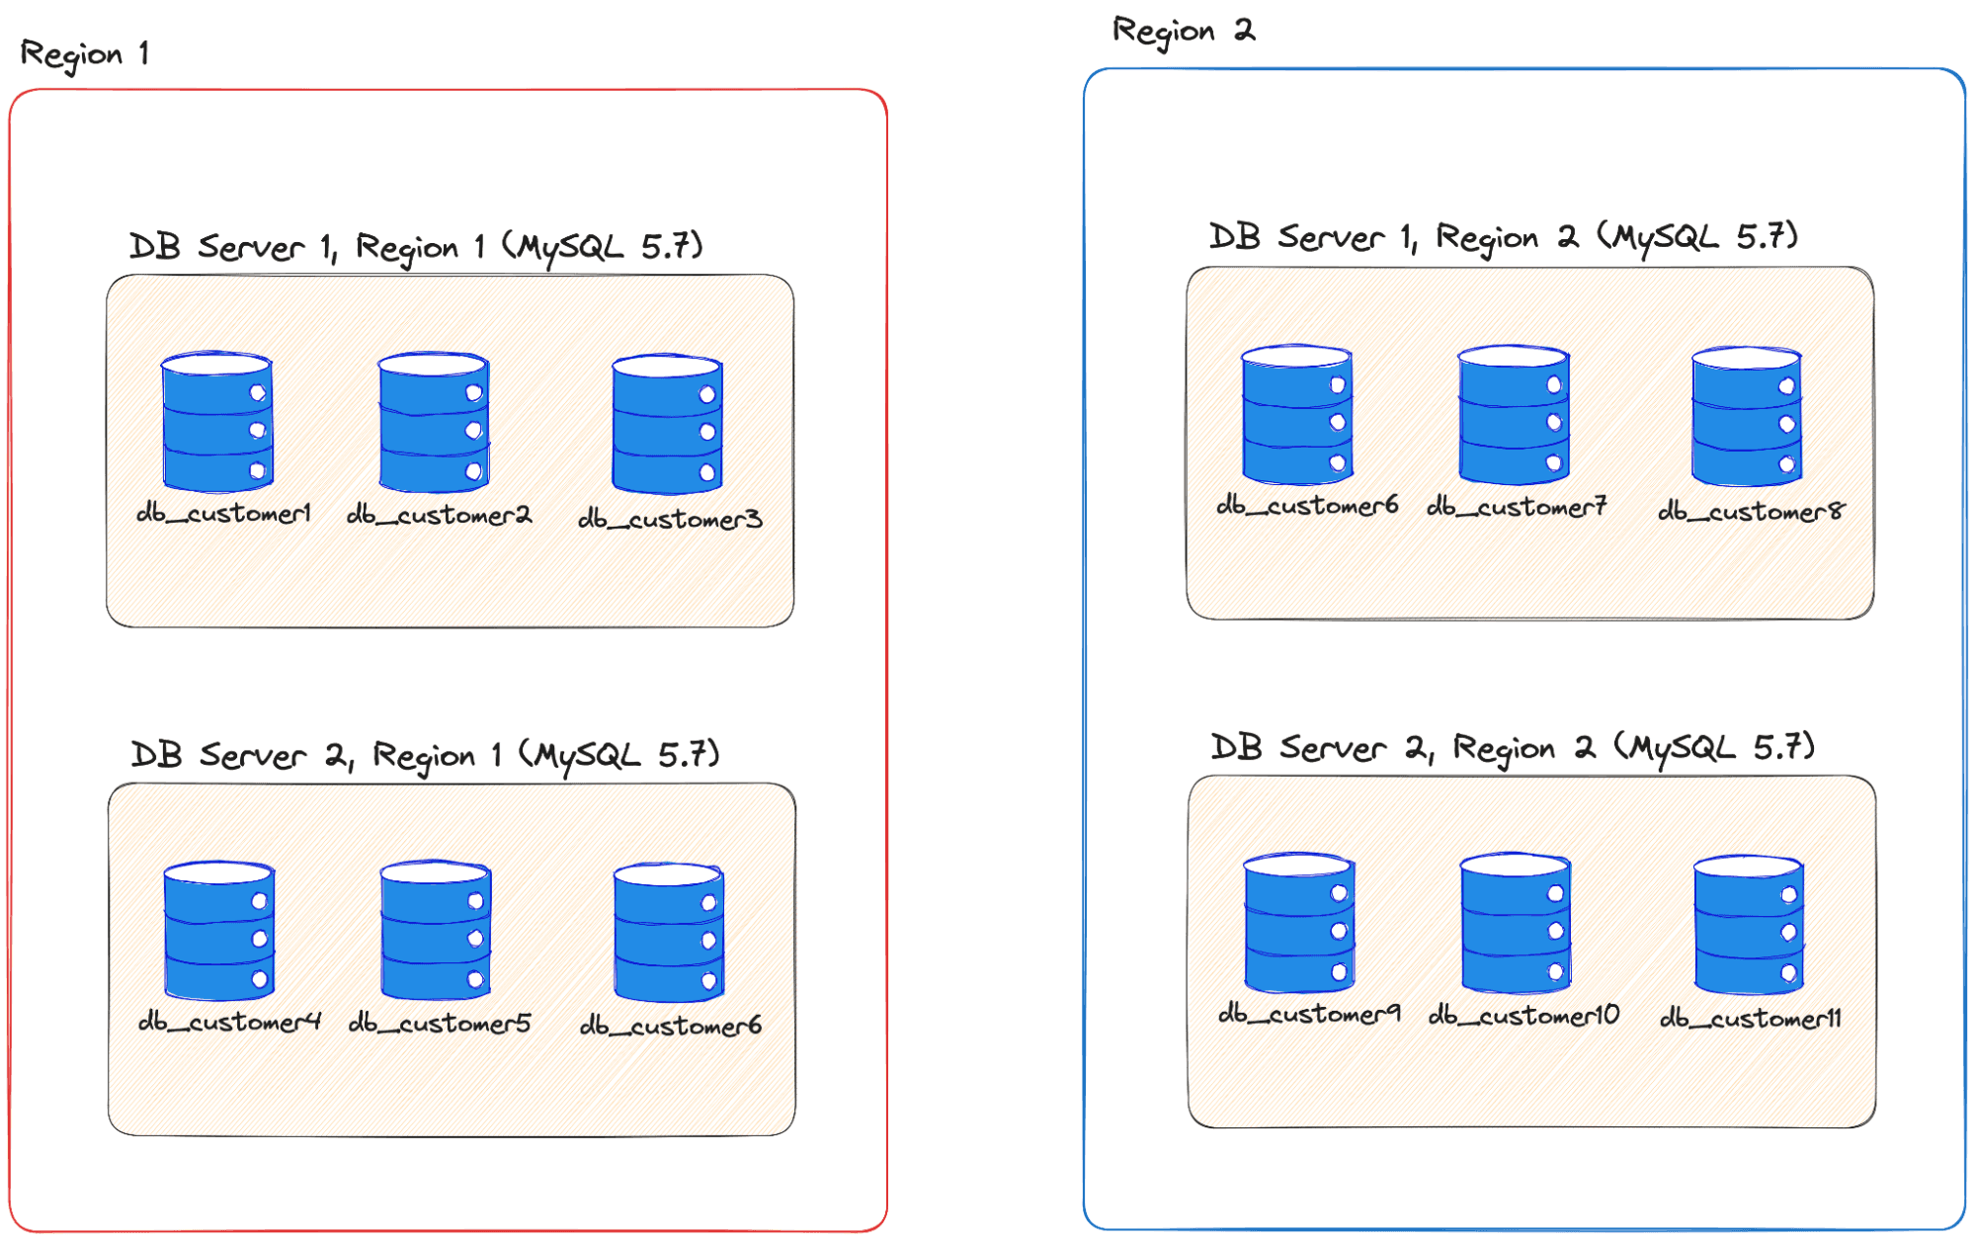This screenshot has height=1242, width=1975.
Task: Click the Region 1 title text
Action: pos(84,54)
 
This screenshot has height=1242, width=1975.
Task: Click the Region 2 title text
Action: pos(1183,32)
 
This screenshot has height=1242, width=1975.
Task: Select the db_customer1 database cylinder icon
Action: pos(217,423)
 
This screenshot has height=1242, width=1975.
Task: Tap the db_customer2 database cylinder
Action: pos(434,423)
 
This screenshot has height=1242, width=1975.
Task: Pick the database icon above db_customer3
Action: pos(667,425)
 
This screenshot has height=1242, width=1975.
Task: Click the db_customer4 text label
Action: pos(229,1022)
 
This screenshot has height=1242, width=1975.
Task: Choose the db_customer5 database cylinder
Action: pos(436,931)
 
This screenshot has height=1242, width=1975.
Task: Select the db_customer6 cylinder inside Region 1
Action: pos(669,933)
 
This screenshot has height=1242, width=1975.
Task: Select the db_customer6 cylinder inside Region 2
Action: pos(1296,415)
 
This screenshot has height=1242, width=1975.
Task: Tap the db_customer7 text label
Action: pos(1517,507)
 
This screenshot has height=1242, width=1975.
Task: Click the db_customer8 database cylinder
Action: pos(1746,417)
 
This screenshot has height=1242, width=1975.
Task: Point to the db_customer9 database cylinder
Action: pos(1298,924)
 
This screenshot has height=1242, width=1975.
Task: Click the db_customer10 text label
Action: pos(1523,1015)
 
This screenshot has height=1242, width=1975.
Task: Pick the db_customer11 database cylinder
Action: pos(1748,926)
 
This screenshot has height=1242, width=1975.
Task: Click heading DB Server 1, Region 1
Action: pos(415,246)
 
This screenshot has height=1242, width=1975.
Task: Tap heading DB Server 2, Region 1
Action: pos(425,755)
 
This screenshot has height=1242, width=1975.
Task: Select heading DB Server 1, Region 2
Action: pos(1502,237)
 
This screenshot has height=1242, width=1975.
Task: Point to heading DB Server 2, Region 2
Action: pos(1512,747)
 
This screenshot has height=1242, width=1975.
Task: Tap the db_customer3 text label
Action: pos(670,519)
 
